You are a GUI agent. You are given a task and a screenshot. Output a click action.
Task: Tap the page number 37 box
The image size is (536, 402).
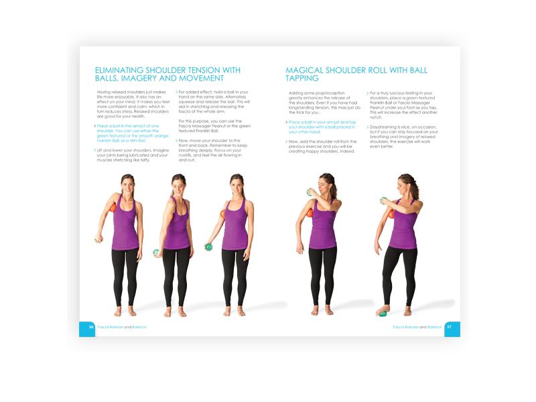click(x=452, y=328)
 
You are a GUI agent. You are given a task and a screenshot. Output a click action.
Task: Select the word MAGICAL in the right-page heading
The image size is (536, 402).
click(x=309, y=70)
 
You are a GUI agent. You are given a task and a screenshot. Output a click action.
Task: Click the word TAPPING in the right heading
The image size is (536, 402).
click(x=306, y=79)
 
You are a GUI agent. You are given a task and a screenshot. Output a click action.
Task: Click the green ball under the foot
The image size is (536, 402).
click(x=383, y=312)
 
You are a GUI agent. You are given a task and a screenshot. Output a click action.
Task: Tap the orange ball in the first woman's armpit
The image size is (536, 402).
click(x=113, y=209)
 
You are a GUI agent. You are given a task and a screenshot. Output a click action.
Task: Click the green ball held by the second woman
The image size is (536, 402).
click(x=156, y=253)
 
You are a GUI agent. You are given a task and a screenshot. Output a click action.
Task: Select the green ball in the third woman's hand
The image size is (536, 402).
click(x=208, y=247)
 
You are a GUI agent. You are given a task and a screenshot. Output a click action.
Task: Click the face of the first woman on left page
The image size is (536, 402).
click(x=127, y=182)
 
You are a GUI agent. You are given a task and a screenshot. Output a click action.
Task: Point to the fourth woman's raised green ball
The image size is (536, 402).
click(x=310, y=192)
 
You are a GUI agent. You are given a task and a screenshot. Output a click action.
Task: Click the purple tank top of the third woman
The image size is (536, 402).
click(x=235, y=224)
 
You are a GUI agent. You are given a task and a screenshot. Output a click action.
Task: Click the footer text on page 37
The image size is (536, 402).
click(x=417, y=327)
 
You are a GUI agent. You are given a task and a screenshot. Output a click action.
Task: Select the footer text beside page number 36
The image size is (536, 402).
click(x=121, y=327)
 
